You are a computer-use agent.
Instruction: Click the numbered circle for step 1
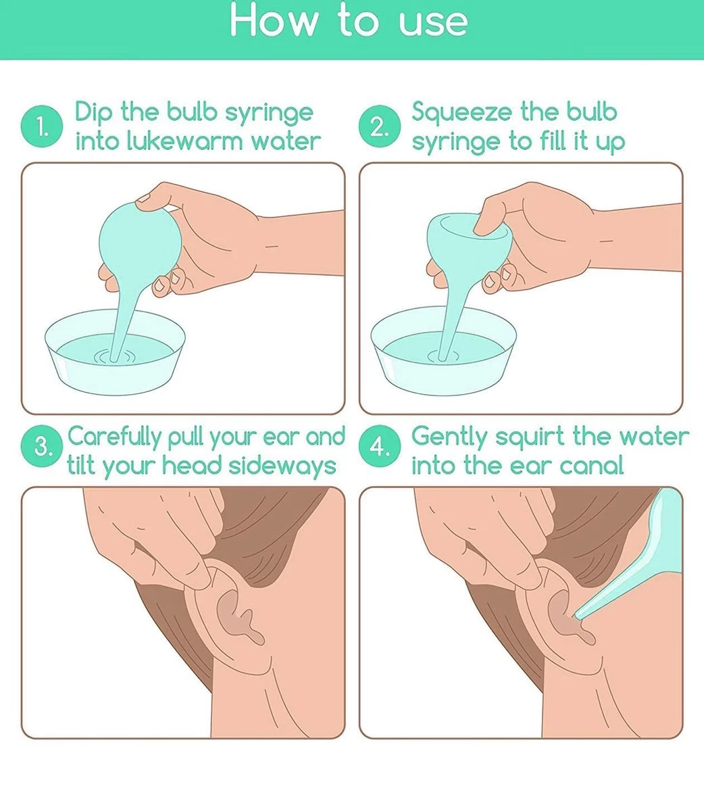pos(42,126)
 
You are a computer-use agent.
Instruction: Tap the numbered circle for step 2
pos(380,126)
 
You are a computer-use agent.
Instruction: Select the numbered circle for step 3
pos(42,446)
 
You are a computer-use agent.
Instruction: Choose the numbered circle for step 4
pos(380,446)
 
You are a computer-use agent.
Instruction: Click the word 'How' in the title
pos(274,20)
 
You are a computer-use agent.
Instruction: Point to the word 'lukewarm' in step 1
pos(184,141)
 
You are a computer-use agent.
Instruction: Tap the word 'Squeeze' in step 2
pos(461,113)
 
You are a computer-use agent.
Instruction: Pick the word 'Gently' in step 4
pos(450,438)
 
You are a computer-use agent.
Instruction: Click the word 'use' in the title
pos(433,23)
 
